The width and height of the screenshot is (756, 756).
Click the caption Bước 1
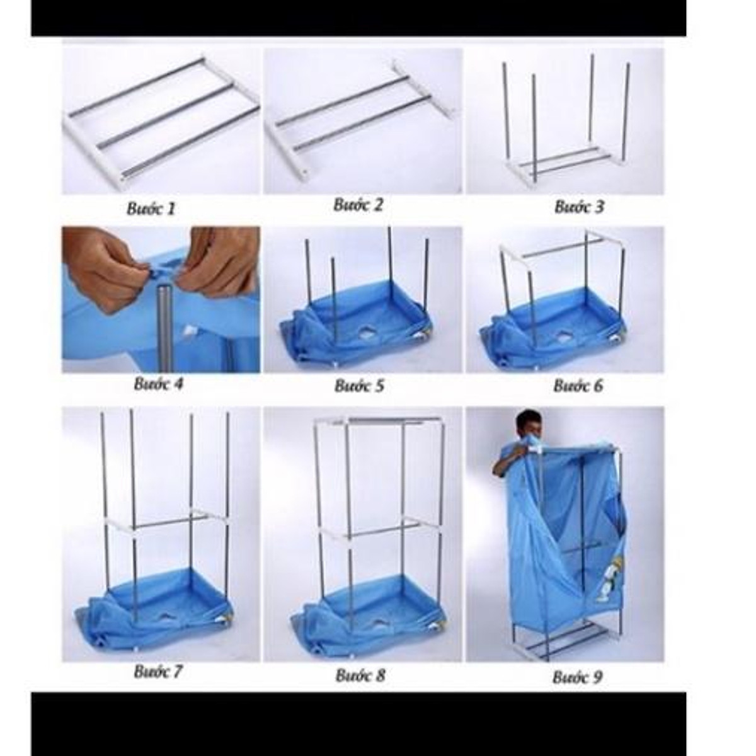coord(151,209)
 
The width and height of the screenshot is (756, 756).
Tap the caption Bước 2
coord(358,204)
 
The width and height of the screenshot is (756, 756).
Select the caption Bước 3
coord(580,207)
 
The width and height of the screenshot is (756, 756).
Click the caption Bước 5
coord(359,386)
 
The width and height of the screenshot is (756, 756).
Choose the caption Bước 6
coord(578,386)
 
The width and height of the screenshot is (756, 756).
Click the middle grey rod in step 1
coord(178,117)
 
